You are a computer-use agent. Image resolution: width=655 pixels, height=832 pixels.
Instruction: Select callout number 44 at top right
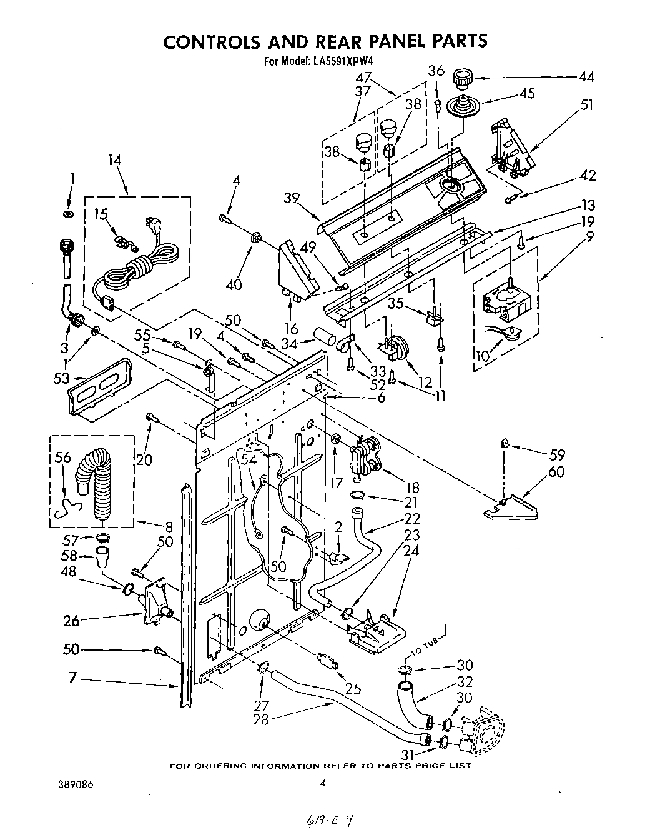click(x=586, y=78)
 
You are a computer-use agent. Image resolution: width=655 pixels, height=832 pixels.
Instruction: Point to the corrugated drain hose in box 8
click(x=96, y=485)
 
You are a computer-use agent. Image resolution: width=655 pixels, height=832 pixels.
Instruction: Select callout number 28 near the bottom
click(x=261, y=719)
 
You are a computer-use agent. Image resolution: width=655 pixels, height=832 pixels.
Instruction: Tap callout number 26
click(x=72, y=621)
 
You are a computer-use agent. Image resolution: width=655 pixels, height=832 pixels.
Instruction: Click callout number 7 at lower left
click(x=72, y=678)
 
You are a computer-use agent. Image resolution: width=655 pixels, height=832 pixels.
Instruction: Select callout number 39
click(x=290, y=198)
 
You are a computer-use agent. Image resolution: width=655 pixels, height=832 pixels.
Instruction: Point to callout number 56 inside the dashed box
click(x=62, y=458)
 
